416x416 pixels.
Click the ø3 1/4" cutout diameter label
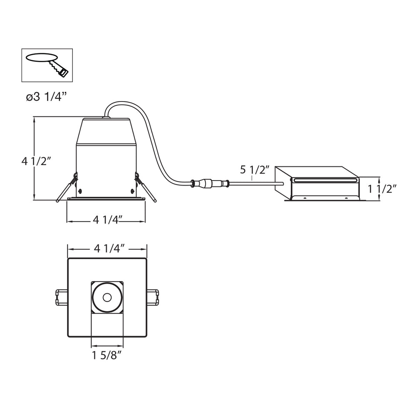pyautogui.click(x=46, y=97)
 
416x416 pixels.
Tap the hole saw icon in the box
pyautogui.click(x=47, y=64)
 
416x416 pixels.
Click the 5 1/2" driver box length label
pyautogui.click(x=255, y=170)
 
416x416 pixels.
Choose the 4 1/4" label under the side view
pyautogui.click(x=106, y=220)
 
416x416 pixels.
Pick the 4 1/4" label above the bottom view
pyautogui.click(x=107, y=249)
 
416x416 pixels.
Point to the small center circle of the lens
pyautogui.click(x=107, y=297)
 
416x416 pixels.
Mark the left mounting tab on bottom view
pyautogui.click(x=62, y=297)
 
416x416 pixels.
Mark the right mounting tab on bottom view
pyautogui.click(x=153, y=297)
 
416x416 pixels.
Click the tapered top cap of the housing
pyautogui.click(x=106, y=131)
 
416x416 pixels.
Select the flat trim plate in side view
pyautogui.click(x=106, y=199)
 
